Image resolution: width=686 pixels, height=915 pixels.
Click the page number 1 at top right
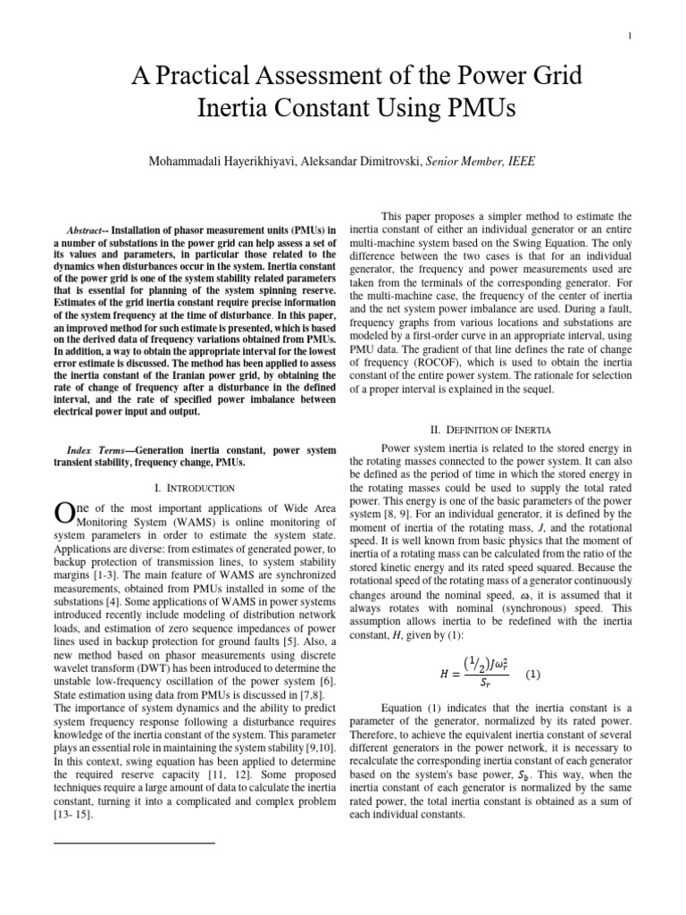(630, 36)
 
